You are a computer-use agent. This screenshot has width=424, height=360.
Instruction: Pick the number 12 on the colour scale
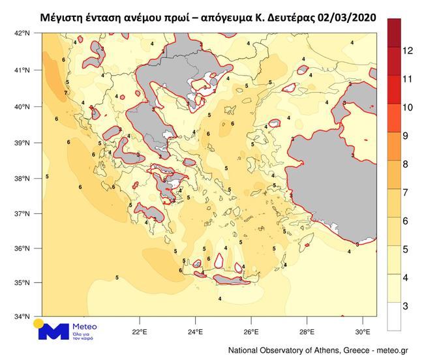[408, 50]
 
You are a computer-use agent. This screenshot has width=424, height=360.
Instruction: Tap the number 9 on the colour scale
[406, 136]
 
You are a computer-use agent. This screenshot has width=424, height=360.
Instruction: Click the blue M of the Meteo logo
[53, 330]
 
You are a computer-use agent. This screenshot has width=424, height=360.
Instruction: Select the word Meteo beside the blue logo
[84, 325]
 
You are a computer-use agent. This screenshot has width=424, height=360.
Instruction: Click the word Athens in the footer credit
[322, 351]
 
